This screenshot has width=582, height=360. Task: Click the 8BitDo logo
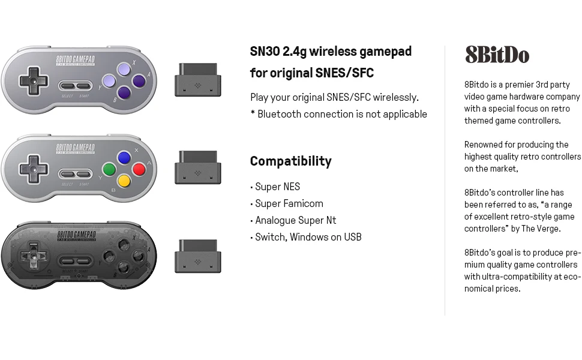coord(497,55)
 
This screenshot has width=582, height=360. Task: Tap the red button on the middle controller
coord(139,169)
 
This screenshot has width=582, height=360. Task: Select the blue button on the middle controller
coord(124,157)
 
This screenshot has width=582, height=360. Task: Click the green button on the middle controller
coord(109,169)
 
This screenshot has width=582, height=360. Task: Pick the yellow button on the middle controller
coord(124,181)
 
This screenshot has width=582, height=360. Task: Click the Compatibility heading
coord(290,161)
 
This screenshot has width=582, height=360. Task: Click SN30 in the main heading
coord(265,52)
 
